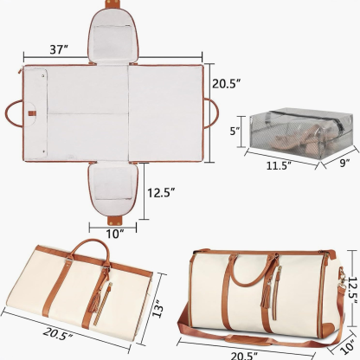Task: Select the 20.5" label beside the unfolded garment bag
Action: tap(228, 84)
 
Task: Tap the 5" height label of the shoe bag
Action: tap(233, 132)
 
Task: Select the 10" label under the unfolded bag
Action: tap(115, 232)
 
